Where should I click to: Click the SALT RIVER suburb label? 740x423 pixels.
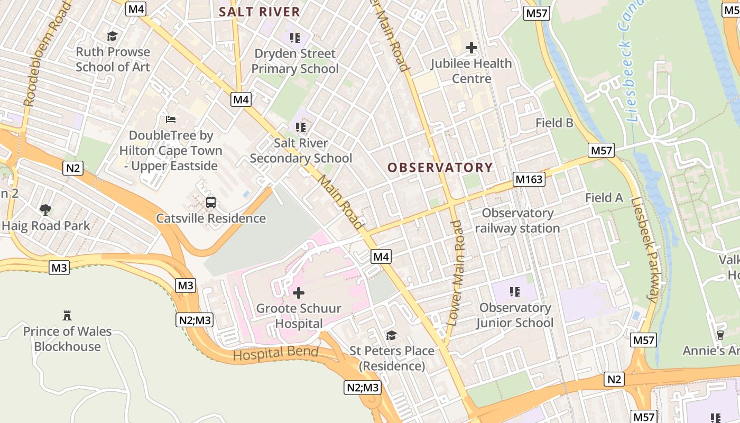pyautogui.click(x=260, y=12)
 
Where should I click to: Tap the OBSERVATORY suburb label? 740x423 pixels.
pyautogui.click(x=440, y=168)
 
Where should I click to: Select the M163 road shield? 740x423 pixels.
pyautogui.click(x=529, y=180)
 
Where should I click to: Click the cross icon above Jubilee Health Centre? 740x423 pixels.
pyautogui.click(x=471, y=48)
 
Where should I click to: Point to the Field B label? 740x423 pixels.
pyautogui.click(x=554, y=123)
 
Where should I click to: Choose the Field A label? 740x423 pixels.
pyautogui.click(x=604, y=198)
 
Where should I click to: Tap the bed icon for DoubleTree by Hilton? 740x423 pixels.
pyautogui.click(x=170, y=119)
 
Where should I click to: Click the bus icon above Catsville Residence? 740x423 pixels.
pyautogui.click(x=211, y=202)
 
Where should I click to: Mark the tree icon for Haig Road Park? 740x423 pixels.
pyautogui.click(x=46, y=209)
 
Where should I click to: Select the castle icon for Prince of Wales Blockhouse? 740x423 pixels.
pyautogui.click(x=67, y=316)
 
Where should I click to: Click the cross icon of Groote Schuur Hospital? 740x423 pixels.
pyautogui.click(x=299, y=292)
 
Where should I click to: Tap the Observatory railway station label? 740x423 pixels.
pyautogui.click(x=517, y=221)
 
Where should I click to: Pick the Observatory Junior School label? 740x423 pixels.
pyautogui.click(x=515, y=315)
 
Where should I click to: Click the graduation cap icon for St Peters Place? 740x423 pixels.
pyautogui.click(x=392, y=335)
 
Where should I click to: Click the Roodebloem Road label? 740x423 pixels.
pyautogui.click(x=47, y=53)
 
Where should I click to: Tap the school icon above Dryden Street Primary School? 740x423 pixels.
pyautogui.click(x=295, y=38)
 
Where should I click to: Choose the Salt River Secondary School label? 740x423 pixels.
pyautogui.click(x=301, y=151)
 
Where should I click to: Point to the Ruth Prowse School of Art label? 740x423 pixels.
pyautogui.click(x=113, y=59)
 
